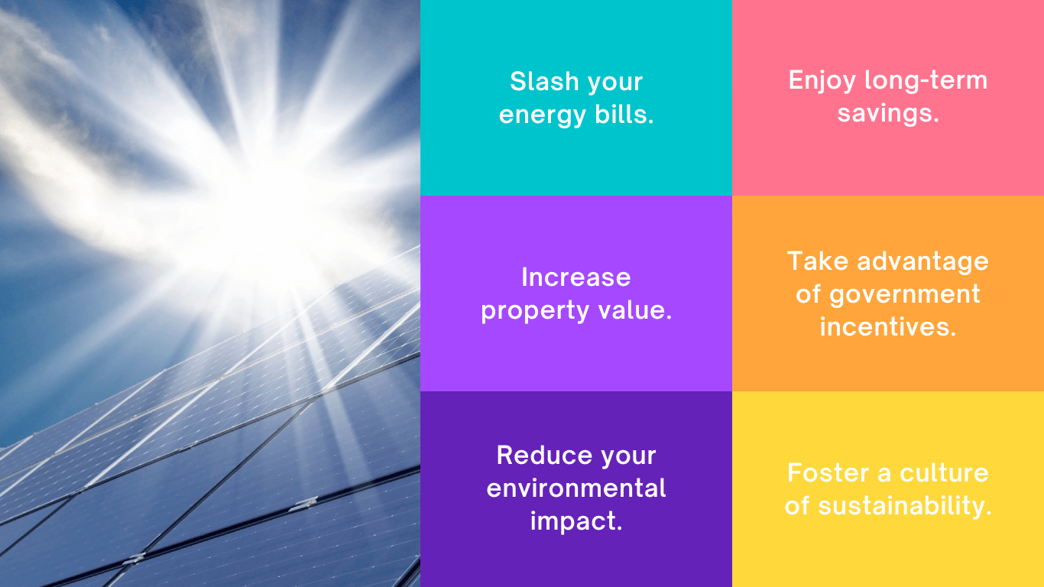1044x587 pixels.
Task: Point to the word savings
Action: [x=888, y=114]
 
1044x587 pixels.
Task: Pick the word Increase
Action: [x=575, y=277]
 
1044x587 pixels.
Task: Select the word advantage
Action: [x=922, y=261]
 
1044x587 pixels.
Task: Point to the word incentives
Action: [x=888, y=327]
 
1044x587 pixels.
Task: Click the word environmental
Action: [x=576, y=488]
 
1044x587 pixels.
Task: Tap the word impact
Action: [x=576, y=522]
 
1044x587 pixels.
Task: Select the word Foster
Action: [x=828, y=473]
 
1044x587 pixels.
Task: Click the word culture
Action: [x=944, y=473]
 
